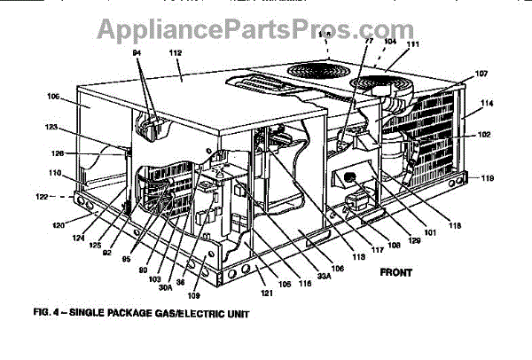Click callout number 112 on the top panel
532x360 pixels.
click(x=176, y=54)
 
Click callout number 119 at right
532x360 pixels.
click(x=488, y=178)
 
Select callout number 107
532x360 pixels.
click(x=482, y=74)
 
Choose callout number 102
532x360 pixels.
click(x=485, y=137)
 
